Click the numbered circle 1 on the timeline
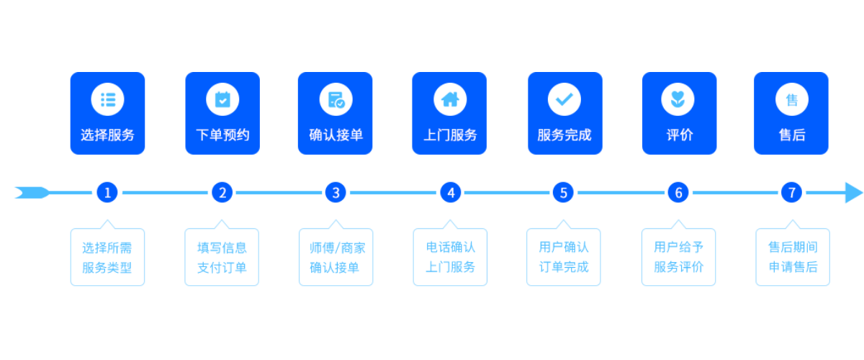(107, 192)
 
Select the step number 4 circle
(451, 192)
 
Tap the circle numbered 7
(791, 192)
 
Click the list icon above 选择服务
(107, 100)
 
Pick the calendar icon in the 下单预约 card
(222, 100)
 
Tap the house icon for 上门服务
(450, 100)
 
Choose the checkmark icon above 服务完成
(564, 100)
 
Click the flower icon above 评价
(678, 100)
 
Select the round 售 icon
(791, 100)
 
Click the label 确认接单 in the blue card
(336, 135)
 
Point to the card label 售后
(791, 135)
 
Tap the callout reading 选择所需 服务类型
(107, 257)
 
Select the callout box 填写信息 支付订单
(222, 257)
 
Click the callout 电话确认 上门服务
(450, 257)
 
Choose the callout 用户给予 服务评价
(678, 257)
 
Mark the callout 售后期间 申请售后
(792, 257)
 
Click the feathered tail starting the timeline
(31, 192)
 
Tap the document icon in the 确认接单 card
(336, 100)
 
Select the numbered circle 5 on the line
(564, 192)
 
